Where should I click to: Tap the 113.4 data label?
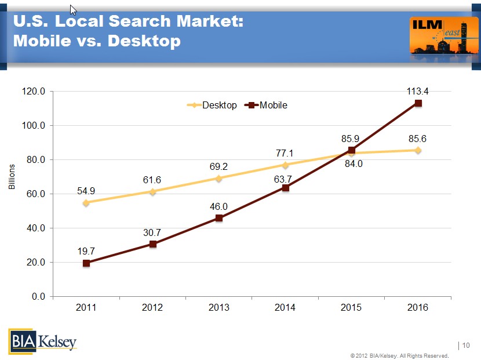(417, 91)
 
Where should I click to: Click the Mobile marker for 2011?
(86, 263)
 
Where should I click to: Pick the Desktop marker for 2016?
(418, 150)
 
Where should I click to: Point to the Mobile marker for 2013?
(219, 218)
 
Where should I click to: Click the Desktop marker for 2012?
(152, 191)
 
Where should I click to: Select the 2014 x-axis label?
(285, 308)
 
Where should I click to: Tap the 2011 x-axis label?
(86, 308)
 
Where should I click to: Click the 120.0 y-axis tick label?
(34, 92)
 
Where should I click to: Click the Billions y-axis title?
(12, 177)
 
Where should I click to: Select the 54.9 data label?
(86, 190)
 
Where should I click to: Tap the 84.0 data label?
(352, 163)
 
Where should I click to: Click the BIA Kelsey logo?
(42, 340)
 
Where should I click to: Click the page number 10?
(467, 346)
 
